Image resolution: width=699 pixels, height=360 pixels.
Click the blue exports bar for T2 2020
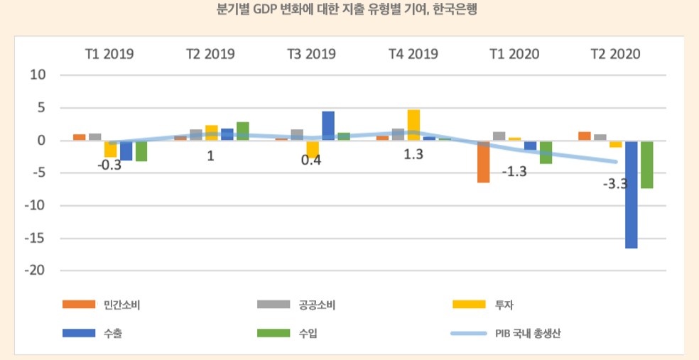632,195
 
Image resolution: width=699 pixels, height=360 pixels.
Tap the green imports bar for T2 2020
647,165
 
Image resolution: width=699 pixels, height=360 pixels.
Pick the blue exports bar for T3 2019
328,126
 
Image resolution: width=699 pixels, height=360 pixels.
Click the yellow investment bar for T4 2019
413,125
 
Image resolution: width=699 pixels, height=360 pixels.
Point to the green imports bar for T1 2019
141,151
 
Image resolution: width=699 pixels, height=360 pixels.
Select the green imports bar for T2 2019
243,131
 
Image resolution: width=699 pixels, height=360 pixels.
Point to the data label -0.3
109,165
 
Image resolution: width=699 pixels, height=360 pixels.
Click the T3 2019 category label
312,54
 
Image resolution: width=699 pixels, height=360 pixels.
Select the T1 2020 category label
514,54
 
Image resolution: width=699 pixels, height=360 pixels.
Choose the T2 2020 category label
615,54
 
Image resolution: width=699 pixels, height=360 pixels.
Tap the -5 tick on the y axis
37,173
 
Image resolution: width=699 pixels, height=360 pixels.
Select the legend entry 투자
504,305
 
